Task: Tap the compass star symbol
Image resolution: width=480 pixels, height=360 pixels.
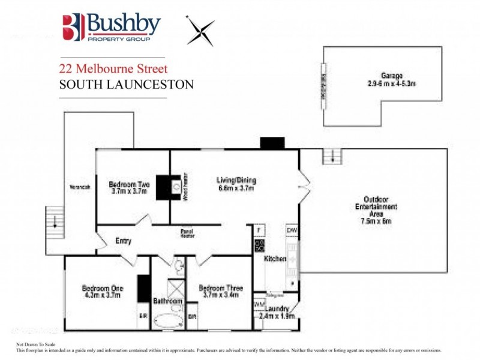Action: (x=200, y=31)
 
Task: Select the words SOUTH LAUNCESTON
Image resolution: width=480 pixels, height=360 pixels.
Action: (x=126, y=85)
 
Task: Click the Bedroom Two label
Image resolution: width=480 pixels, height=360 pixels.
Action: (x=129, y=185)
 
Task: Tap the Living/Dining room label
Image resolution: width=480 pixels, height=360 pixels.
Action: (x=236, y=180)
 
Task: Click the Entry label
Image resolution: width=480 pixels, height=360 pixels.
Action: (x=123, y=241)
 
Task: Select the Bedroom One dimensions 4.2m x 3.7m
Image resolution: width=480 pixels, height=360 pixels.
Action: (x=101, y=295)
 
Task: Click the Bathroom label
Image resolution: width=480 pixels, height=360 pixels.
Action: (x=167, y=300)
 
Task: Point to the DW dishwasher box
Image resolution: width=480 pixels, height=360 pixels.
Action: (x=292, y=230)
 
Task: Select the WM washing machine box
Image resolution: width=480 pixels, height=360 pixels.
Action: (x=259, y=304)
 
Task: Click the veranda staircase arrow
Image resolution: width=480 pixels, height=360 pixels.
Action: (x=55, y=220)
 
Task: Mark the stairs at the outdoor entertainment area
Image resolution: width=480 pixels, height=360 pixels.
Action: (x=331, y=157)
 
